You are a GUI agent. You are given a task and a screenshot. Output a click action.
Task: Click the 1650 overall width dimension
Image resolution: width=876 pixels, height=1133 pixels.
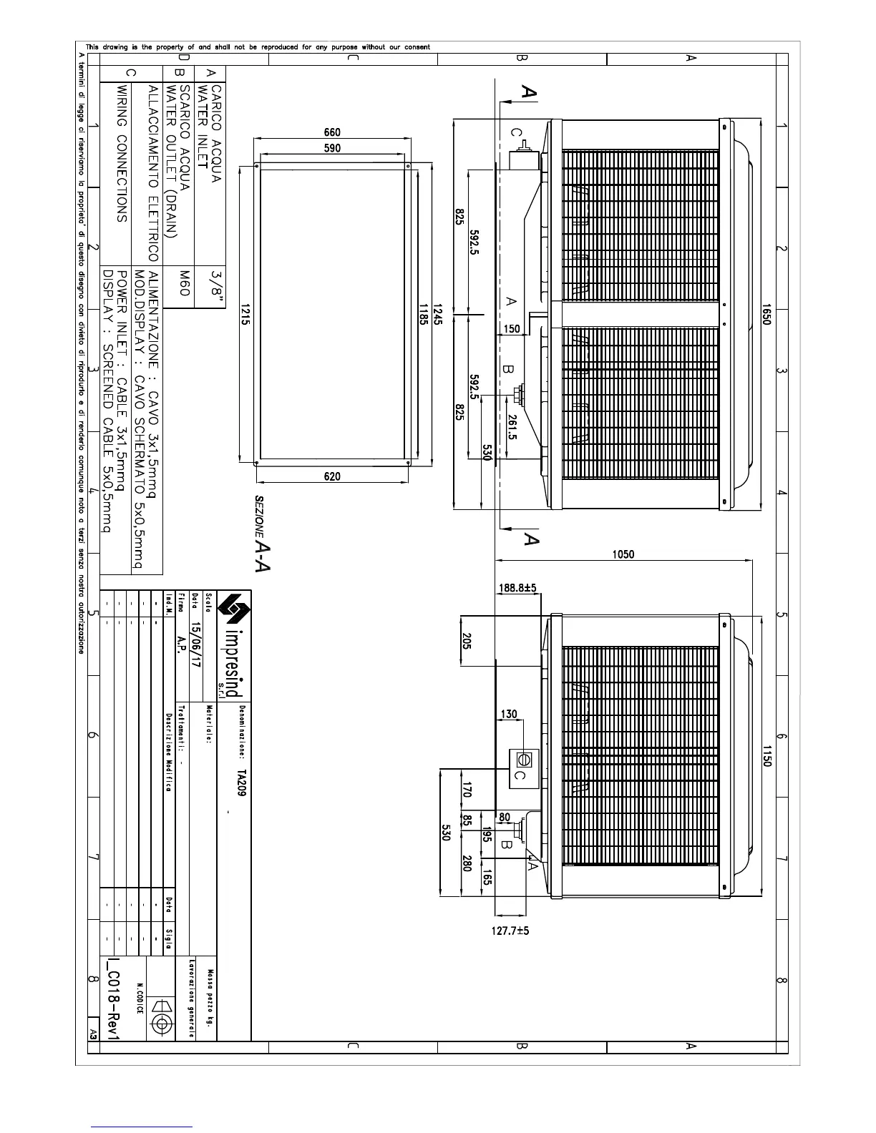765,317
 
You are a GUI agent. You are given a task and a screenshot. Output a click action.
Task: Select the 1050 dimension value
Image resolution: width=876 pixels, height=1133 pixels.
623,554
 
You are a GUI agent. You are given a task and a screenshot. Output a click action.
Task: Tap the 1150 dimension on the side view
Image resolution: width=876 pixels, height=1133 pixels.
765,757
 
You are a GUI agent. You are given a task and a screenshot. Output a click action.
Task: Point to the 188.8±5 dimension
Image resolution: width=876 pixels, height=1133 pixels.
517,588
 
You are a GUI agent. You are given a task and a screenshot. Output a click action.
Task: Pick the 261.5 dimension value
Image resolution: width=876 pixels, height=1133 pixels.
512,426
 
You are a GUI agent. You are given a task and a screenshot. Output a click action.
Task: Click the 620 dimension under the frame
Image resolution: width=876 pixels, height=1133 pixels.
332,477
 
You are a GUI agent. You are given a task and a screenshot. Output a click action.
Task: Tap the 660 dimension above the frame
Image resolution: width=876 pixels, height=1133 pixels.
332,132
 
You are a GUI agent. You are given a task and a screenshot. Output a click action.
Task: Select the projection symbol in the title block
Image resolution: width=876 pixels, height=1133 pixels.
162,1024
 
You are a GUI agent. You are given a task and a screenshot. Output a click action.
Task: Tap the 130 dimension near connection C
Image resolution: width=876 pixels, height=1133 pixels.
508,715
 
